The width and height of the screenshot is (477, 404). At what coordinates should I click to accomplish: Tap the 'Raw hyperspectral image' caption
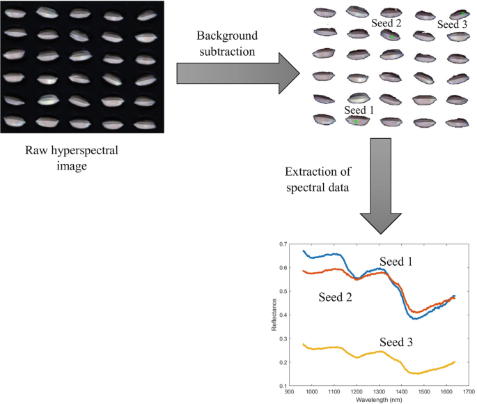82,157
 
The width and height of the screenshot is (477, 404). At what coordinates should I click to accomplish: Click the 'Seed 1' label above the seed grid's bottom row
359,110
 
